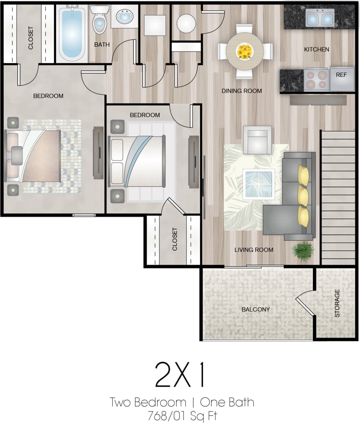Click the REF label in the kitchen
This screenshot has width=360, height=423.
click(x=341, y=74)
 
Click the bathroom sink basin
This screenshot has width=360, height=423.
click(x=124, y=17)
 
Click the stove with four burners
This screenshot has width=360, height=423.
click(x=317, y=79)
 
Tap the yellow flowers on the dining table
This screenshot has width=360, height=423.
click(x=245, y=51)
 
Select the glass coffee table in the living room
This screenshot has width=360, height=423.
click(x=258, y=184)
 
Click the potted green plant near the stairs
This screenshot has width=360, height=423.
click(x=303, y=251)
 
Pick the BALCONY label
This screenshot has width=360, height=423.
click(x=256, y=309)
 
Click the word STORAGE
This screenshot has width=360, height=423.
click(x=337, y=303)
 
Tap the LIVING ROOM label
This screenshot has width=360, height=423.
click(x=254, y=250)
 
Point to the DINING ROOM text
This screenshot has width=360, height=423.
click(x=241, y=91)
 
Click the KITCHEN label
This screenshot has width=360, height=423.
click(x=317, y=49)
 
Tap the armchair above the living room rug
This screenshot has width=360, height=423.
click(x=257, y=139)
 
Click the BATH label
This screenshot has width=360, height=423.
click(x=102, y=45)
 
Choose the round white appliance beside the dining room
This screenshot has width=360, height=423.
click(x=186, y=24)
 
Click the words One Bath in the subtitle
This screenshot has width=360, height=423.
click(x=227, y=402)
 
